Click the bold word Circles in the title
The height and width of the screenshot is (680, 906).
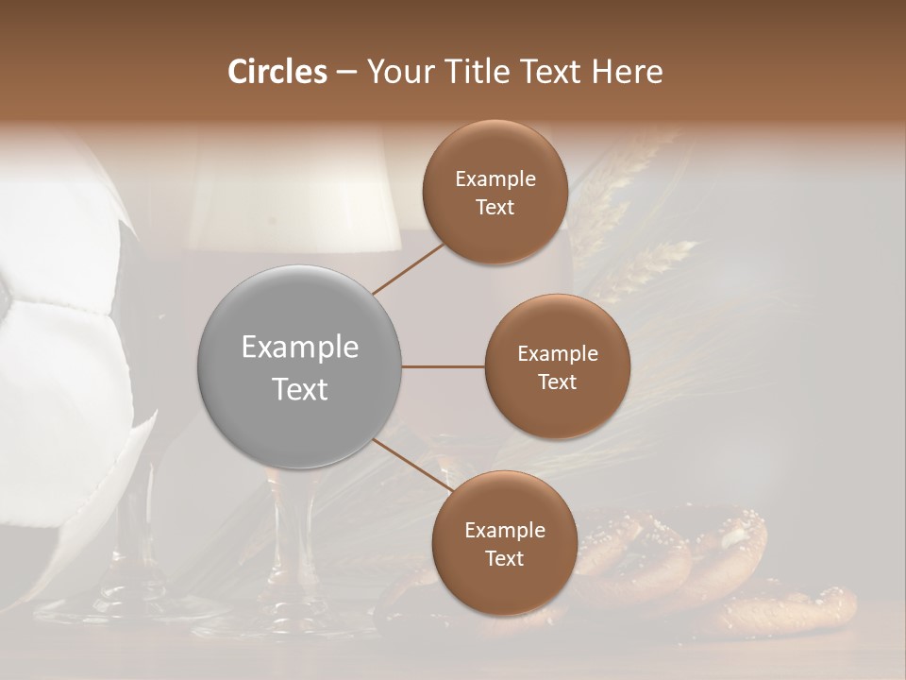click(277, 72)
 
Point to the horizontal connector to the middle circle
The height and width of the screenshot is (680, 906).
click(443, 366)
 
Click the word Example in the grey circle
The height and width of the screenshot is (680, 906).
click(299, 348)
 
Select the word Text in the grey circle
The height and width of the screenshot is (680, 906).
click(299, 389)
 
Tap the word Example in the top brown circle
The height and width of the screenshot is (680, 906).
click(495, 179)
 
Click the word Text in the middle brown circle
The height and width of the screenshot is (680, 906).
click(557, 382)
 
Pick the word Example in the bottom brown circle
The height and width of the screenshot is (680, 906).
click(504, 530)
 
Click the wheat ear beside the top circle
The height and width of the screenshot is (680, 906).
click(651, 264)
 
